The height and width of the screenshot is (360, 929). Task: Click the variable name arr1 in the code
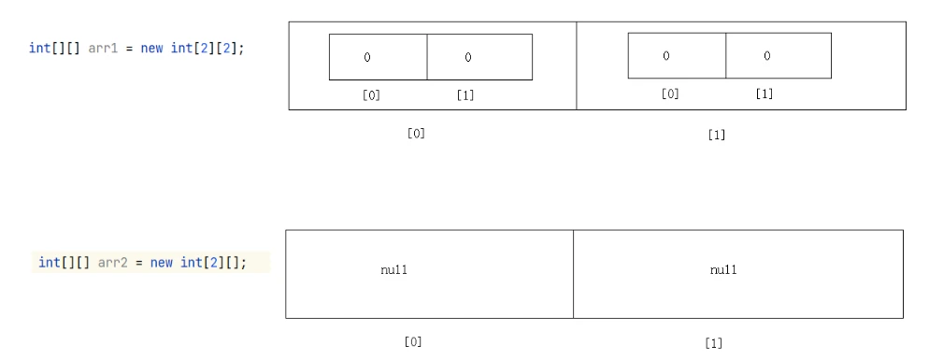(x=103, y=48)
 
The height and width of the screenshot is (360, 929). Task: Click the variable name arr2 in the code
(x=112, y=262)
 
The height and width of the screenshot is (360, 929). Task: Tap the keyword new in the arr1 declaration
(x=151, y=48)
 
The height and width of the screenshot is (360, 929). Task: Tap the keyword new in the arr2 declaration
(x=161, y=262)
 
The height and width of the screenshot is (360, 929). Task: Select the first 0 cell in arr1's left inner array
(x=378, y=57)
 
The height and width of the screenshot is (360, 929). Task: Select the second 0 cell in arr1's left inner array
(x=479, y=57)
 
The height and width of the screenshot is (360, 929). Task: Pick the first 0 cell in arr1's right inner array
(x=678, y=56)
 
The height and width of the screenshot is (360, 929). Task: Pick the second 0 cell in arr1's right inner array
(x=779, y=56)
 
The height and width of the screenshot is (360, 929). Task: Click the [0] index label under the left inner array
(x=371, y=94)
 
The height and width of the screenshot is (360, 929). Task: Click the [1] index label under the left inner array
(x=465, y=94)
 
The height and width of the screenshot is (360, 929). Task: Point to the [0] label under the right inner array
(x=670, y=94)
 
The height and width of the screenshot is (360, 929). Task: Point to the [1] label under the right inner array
(x=765, y=94)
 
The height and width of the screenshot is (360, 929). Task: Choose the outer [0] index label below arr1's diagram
(x=416, y=134)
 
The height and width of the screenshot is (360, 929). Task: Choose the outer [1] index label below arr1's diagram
(x=717, y=135)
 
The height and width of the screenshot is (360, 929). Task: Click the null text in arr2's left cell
(x=394, y=270)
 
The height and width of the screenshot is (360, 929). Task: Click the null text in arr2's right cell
(x=723, y=270)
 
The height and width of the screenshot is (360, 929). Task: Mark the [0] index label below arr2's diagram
(x=413, y=341)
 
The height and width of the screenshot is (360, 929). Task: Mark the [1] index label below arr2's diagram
(x=713, y=343)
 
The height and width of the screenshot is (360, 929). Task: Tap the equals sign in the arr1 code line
(x=130, y=49)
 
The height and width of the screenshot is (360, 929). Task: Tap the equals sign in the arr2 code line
(x=139, y=263)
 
